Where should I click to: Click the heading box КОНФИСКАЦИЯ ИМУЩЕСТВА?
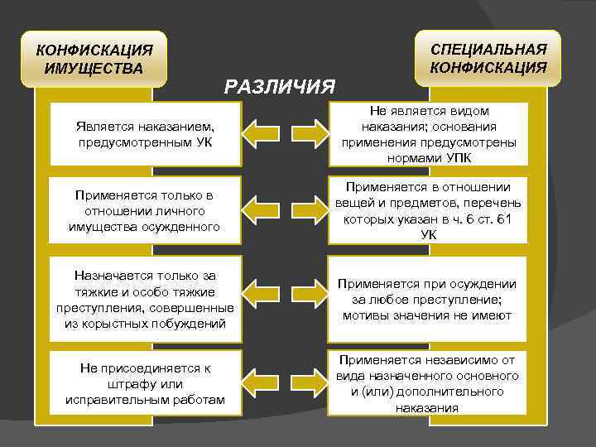(94, 59)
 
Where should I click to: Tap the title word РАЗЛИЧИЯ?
(280, 86)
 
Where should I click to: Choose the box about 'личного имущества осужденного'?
(145, 211)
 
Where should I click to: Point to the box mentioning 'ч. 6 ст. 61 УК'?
(427, 211)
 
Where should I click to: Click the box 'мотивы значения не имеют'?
(427, 299)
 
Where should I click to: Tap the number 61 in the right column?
(507, 219)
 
